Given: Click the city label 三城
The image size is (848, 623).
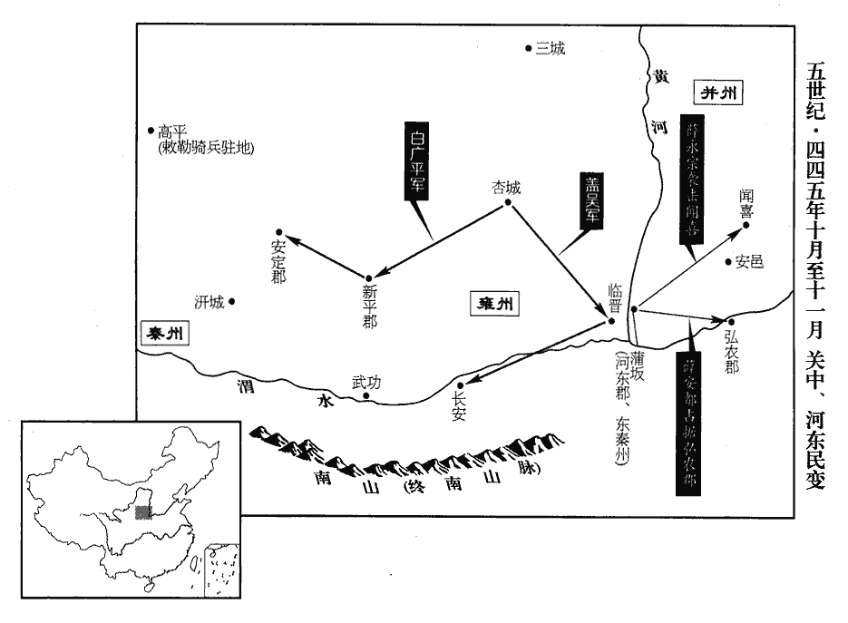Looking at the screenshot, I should pos(551,49).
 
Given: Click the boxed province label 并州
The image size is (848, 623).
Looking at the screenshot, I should pos(719,92).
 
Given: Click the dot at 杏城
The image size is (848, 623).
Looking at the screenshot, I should pos(509,202).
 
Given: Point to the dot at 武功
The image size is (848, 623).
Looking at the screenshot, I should pos(366,396).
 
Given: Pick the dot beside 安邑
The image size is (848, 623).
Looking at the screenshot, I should pos(728,263).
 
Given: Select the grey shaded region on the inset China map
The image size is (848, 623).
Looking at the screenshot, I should pos(141,512).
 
